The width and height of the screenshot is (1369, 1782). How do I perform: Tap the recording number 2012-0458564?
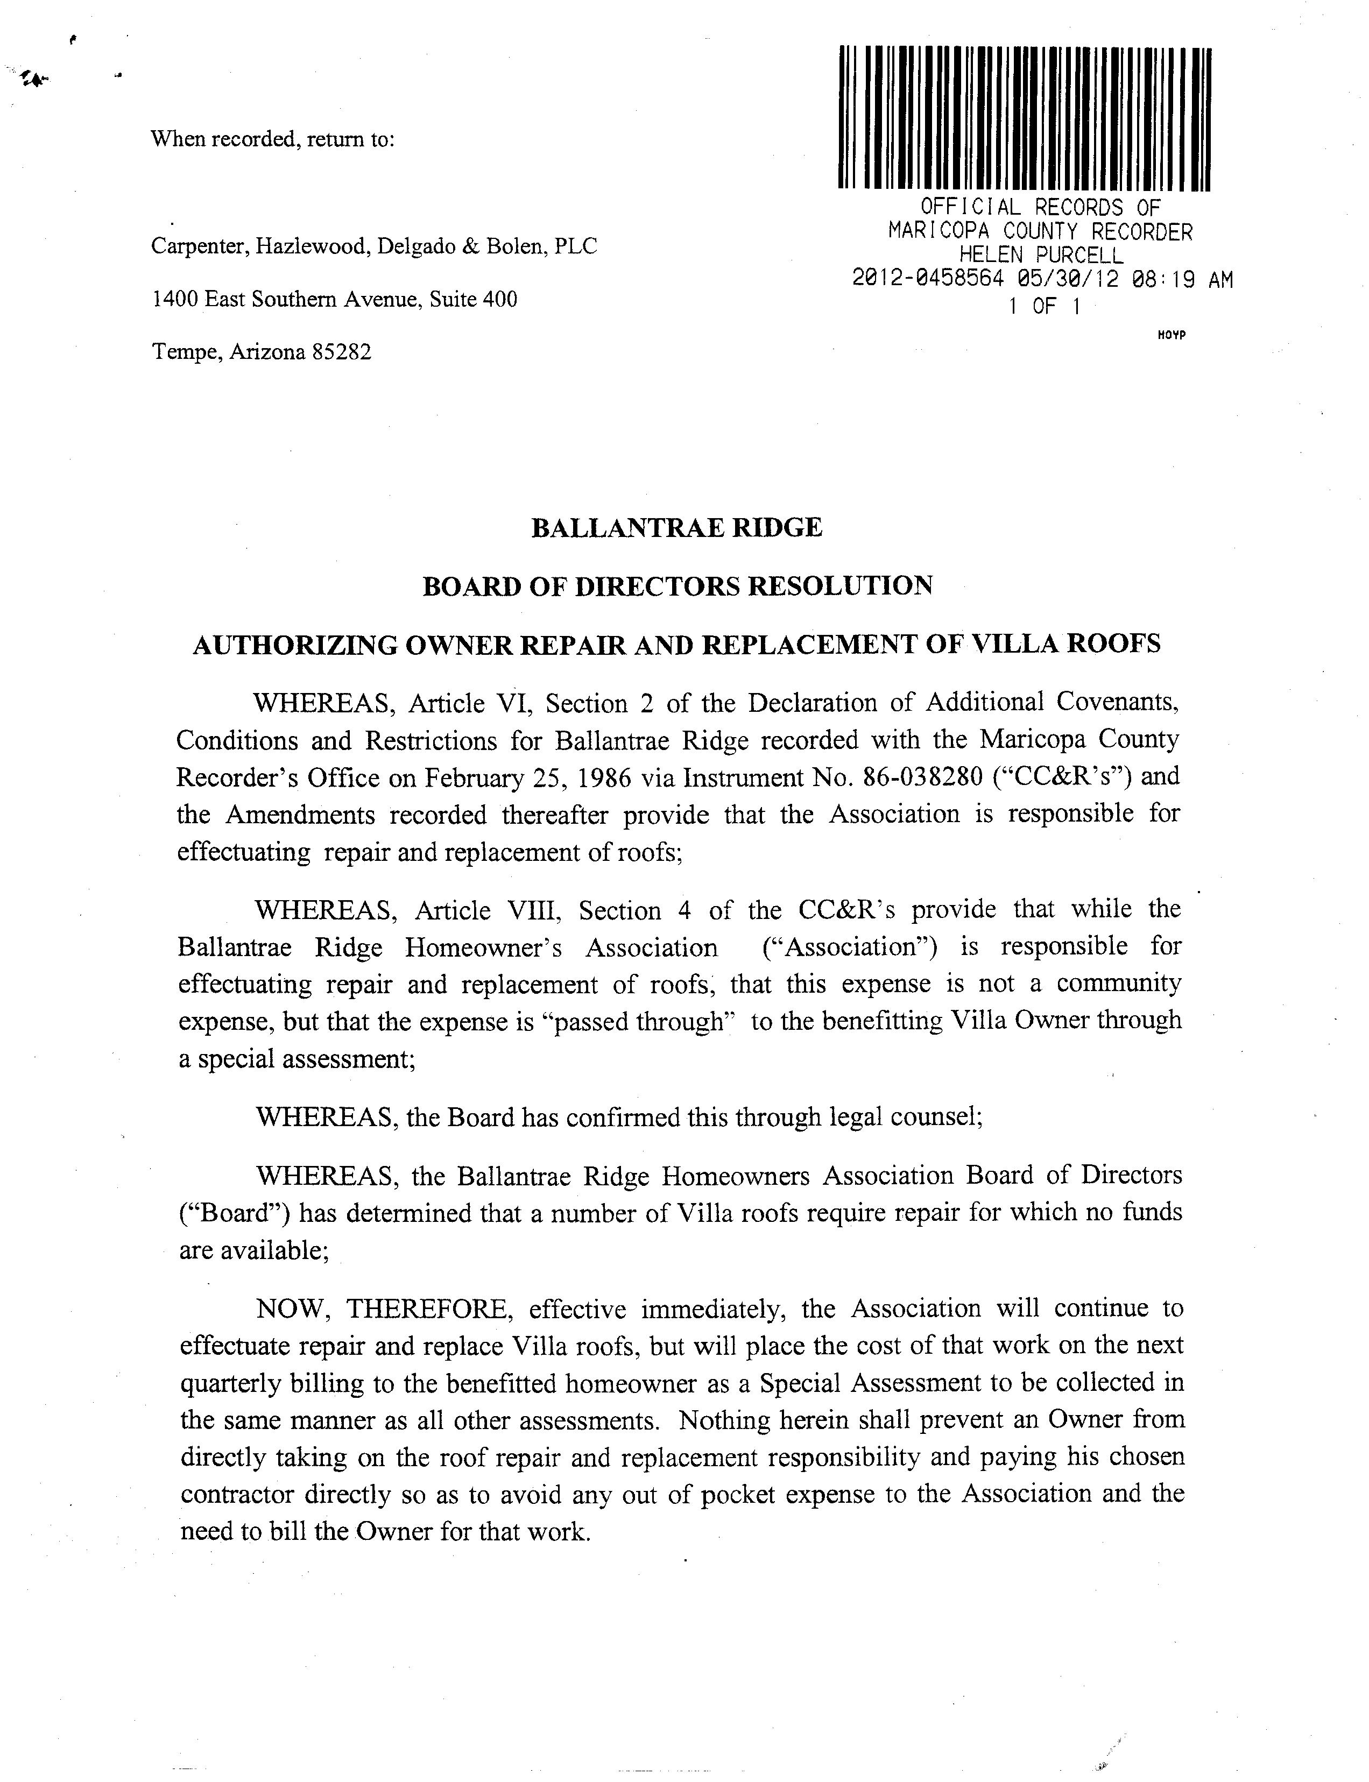click(x=927, y=279)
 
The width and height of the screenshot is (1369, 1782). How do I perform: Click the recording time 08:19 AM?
click(x=1182, y=279)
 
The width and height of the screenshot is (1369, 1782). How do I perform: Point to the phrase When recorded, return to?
click(x=273, y=139)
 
